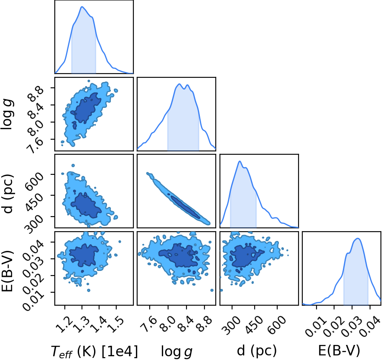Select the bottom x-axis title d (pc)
click(257, 351)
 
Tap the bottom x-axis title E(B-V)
click(339, 351)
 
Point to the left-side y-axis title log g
click(8, 114)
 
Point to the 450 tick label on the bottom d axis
click(255, 325)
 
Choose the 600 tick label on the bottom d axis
click(277, 325)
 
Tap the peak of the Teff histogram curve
click(82, 7)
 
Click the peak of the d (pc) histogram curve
click(240, 161)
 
